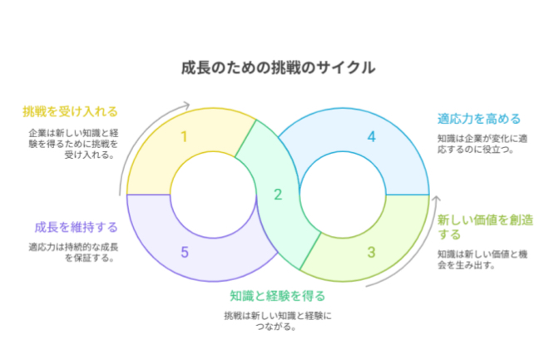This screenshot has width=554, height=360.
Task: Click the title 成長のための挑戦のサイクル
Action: pyautogui.click(x=277, y=67)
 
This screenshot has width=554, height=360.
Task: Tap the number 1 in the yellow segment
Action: pyautogui.click(x=183, y=136)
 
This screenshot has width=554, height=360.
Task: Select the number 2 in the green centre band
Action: pyautogui.click(x=278, y=195)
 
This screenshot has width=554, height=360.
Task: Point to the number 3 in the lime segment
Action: pyautogui.click(x=371, y=252)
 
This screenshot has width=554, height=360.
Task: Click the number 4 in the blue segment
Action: pyautogui.click(x=372, y=136)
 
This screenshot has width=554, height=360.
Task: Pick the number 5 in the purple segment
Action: pyautogui.click(x=184, y=252)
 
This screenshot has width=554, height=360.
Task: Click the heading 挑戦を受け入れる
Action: pyautogui.click(x=70, y=111)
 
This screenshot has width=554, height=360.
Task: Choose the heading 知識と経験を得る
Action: pyautogui.click(x=277, y=295)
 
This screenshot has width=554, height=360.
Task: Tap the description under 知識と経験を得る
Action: pyautogui.click(x=277, y=320)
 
